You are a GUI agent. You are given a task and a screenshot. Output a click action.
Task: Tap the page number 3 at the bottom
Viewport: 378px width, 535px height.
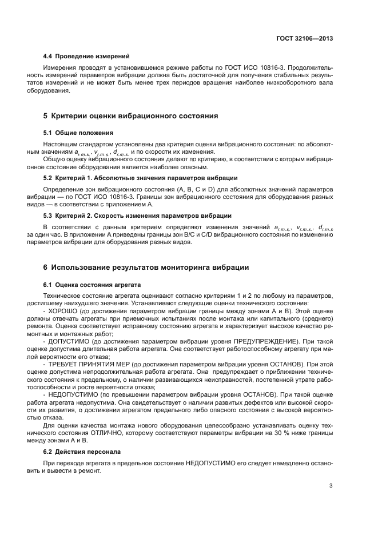pos(331,486)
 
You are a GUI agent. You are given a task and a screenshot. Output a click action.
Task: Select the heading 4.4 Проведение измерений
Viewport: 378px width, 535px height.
pos(86,56)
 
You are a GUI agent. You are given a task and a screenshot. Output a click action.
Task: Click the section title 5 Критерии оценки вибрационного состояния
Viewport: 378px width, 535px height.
pos(130,115)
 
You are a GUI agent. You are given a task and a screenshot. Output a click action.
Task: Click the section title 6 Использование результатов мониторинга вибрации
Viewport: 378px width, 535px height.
pos(146,267)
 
